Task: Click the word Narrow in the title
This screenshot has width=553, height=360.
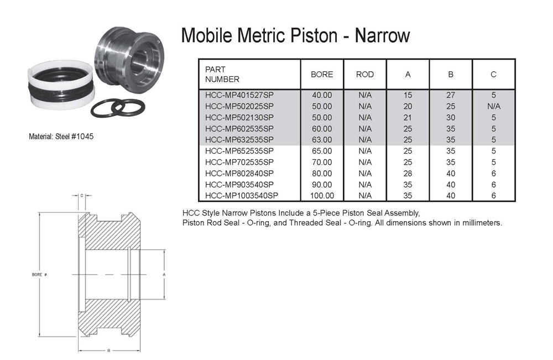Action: pos(382,35)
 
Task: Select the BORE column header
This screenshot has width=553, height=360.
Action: pos(322,75)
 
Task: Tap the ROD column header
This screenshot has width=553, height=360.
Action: pos(364,75)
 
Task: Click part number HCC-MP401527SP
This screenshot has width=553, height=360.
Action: pos(239,95)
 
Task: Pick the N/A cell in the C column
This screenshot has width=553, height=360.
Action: pos(493,107)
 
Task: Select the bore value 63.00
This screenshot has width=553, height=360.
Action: pos(322,140)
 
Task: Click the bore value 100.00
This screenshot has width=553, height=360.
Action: pos(322,196)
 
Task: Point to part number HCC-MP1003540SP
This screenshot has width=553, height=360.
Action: pos(242,196)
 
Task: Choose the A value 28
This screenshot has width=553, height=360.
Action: pos(408,174)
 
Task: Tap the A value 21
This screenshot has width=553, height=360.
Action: pos(408,118)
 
